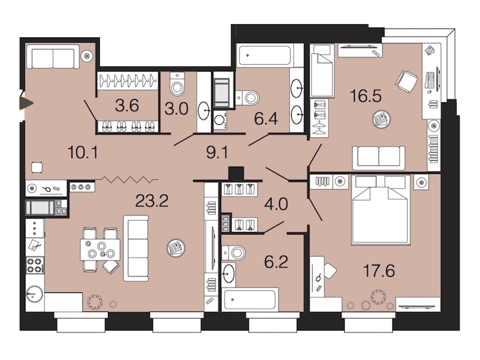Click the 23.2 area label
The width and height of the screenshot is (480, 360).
[x=152, y=201]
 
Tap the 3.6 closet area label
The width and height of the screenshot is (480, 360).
[x=127, y=106]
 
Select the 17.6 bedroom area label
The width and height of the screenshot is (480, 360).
[x=379, y=271]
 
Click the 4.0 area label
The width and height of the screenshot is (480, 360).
[x=277, y=204]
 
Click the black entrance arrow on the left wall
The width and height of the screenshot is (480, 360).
[x=26, y=103]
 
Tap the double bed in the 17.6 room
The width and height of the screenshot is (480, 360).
[x=381, y=210]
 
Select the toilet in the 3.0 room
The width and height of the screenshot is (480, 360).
[x=177, y=84]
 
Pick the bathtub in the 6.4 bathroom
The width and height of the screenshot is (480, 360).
[x=264, y=55]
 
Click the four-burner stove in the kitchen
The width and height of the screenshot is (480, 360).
[x=35, y=265]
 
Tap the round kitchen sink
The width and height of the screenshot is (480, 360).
[x=35, y=294]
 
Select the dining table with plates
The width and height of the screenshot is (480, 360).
[x=100, y=249]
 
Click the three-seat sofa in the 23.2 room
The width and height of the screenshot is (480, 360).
[x=136, y=248]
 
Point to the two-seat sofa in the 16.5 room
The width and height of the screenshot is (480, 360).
[x=379, y=158]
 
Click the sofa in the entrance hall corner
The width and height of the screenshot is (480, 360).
[x=53, y=57]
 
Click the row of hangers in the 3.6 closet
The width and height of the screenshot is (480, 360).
[x=128, y=81]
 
